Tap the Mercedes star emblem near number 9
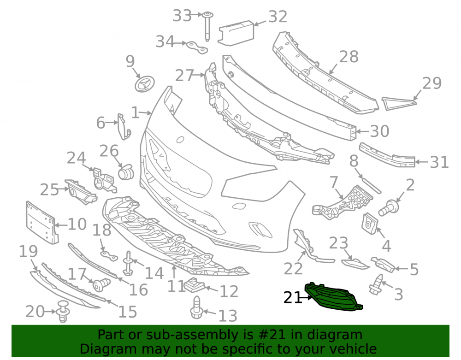[145, 84]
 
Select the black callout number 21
[293, 297]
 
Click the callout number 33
[182, 15]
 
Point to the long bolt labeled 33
[207, 26]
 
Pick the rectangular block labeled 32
[236, 33]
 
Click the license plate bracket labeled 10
[42, 223]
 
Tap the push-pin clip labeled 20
[63, 312]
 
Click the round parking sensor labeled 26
[126, 171]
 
